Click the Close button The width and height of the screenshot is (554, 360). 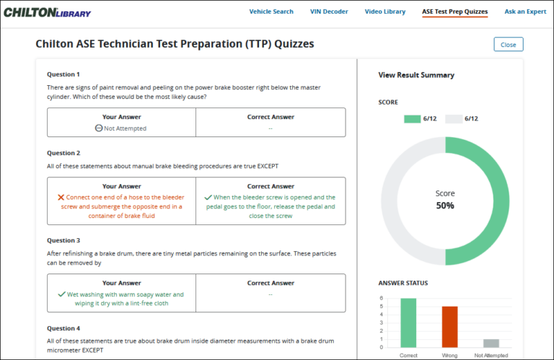pyautogui.click(x=508, y=45)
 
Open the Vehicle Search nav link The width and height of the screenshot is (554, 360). pyautogui.click(x=271, y=12)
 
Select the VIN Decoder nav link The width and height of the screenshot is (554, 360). pyautogui.click(x=329, y=12)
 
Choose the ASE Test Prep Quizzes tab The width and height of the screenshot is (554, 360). pyautogui.click(x=454, y=12)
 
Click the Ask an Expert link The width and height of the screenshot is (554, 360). pyautogui.click(x=525, y=12)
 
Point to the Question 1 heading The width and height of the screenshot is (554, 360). pyautogui.click(x=63, y=74)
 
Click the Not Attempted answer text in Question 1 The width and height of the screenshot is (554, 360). pyautogui.click(x=125, y=128)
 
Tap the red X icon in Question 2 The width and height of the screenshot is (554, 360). pyautogui.click(x=61, y=197)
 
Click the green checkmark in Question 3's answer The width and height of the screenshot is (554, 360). pyautogui.click(x=61, y=294)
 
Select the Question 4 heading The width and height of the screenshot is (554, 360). pyautogui.click(x=63, y=328)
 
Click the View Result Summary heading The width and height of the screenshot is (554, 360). pyautogui.click(x=416, y=75)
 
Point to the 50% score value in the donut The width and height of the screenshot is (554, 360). pyautogui.click(x=445, y=206)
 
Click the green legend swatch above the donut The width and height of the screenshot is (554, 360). pyautogui.click(x=411, y=118)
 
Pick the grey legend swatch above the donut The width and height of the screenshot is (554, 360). pyautogui.click(x=453, y=118)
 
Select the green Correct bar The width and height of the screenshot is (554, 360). pyautogui.click(x=408, y=324)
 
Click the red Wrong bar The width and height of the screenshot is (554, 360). pyautogui.click(x=450, y=328)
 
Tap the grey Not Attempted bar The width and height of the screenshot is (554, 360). pyautogui.click(x=491, y=344)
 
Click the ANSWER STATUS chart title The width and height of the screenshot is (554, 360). pyautogui.click(x=403, y=283)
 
